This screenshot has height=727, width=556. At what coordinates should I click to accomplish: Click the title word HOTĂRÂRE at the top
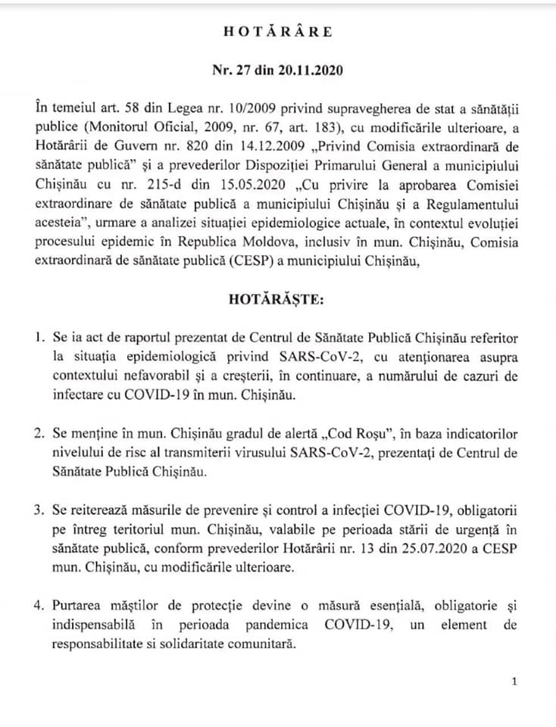(277, 32)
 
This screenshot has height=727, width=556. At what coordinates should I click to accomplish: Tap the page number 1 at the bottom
(514, 682)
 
